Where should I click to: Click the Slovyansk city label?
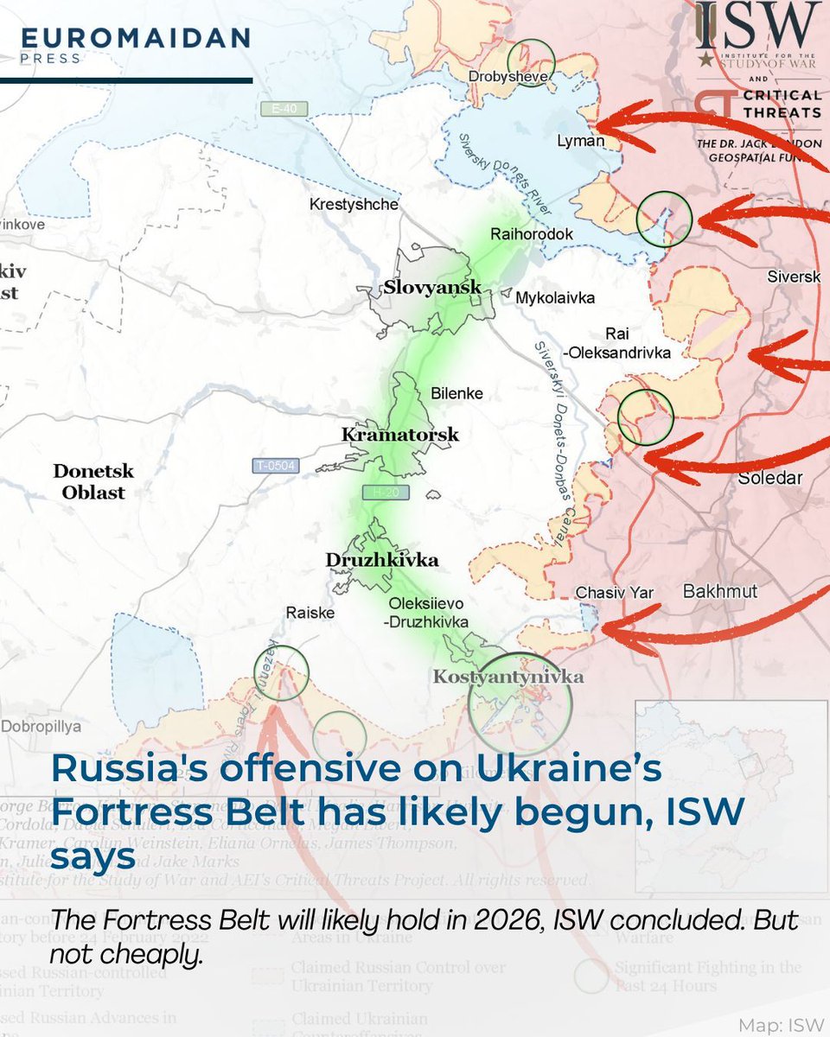(x=433, y=288)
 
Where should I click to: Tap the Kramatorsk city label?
(x=400, y=435)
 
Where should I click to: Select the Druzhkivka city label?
(x=381, y=560)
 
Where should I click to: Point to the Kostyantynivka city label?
(x=508, y=678)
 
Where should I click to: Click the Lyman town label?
(x=581, y=141)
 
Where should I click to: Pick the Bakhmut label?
(x=720, y=591)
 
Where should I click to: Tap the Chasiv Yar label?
(x=615, y=593)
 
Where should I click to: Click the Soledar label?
(x=770, y=478)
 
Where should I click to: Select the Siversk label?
(x=794, y=277)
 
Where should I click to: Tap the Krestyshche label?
(x=354, y=205)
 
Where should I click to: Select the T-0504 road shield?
(x=276, y=466)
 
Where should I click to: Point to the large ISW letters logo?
(x=758, y=27)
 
